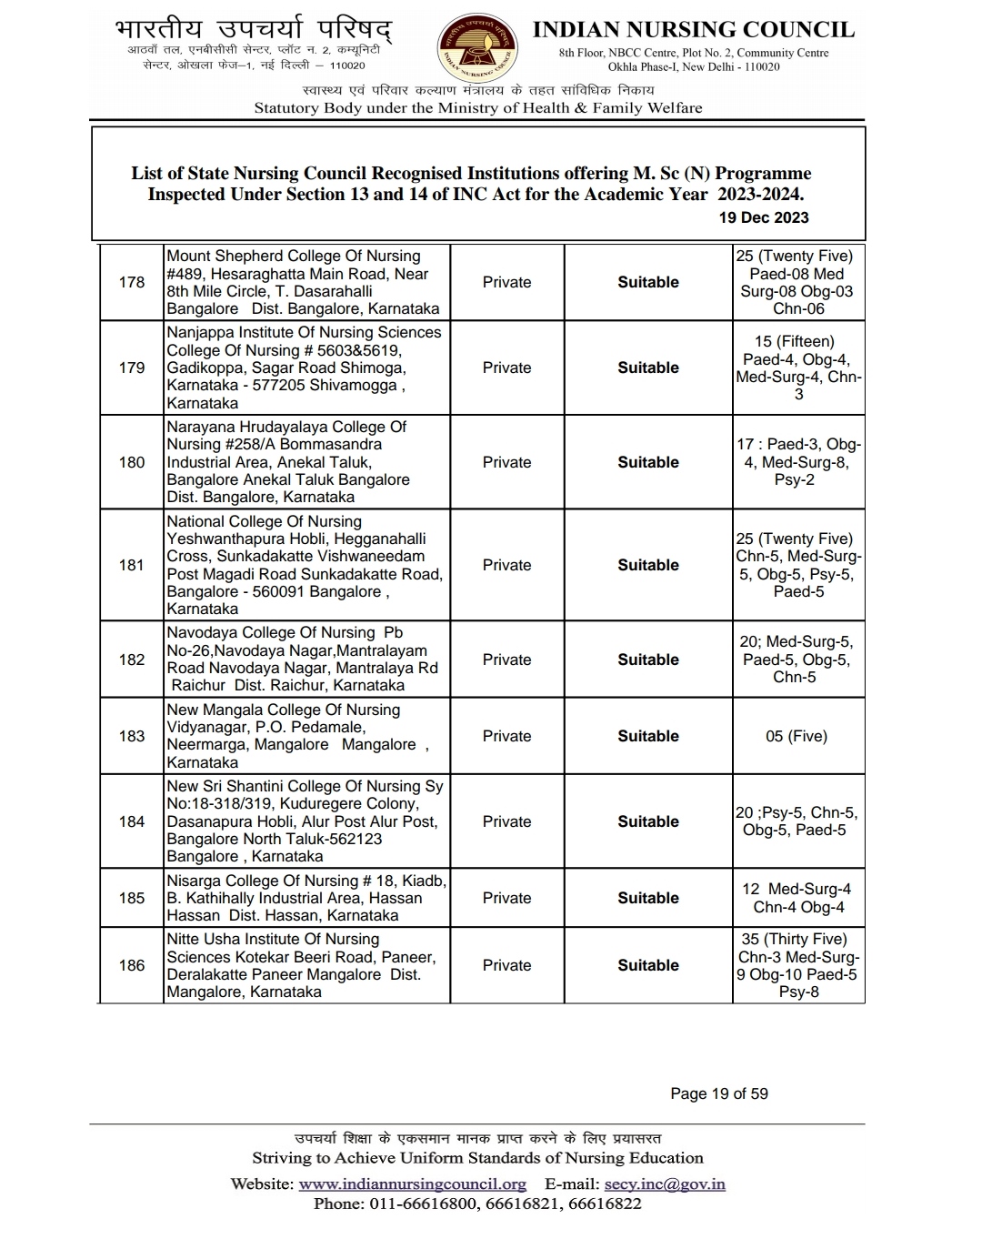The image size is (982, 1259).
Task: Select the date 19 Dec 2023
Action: coord(763,217)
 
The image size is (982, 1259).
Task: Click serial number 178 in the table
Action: coord(132,282)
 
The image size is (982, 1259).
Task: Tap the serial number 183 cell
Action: coord(132,736)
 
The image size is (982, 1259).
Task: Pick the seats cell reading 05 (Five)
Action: coord(797,736)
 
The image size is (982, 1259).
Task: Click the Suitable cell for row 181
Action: coord(647,565)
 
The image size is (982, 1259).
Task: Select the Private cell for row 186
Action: coord(506,965)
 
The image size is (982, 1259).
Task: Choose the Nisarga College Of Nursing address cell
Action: coord(306,898)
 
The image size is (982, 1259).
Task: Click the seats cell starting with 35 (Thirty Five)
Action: coord(797,965)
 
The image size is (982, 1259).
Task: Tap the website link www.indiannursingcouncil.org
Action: coord(412,1183)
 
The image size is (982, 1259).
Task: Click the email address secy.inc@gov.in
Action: coord(664,1183)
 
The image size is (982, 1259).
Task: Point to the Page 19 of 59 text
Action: coord(718,1093)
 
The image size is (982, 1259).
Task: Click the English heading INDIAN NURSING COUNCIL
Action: coord(693,30)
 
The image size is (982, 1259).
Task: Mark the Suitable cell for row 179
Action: coord(647,368)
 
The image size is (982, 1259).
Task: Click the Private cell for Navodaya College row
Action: coord(506,660)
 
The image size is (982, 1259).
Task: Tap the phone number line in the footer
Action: coord(477,1204)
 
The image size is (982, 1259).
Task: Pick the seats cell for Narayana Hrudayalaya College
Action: coord(797,462)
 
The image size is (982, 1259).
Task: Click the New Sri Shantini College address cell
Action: coord(306,821)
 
